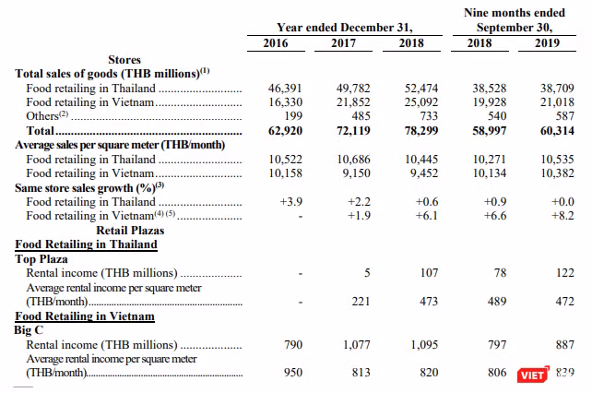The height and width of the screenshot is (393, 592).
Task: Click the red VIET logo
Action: tap(533, 375)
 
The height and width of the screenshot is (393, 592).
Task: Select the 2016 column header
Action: tap(276, 43)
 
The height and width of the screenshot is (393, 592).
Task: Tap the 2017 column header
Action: tap(344, 43)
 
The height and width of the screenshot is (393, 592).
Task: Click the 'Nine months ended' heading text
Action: tap(515, 13)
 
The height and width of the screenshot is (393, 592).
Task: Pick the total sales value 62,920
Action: tap(286, 131)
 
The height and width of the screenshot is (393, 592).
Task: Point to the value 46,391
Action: tap(286, 89)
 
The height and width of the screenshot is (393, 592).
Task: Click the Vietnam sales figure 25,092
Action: tap(421, 102)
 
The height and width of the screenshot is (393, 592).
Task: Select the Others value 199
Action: tap(294, 116)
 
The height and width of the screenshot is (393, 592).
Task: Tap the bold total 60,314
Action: tap(557, 131)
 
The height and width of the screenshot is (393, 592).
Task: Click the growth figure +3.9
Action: tap(291, 202)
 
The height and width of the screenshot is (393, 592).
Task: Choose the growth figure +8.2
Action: tap(562, 216)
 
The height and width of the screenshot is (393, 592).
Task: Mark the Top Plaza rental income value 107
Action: tap(430, 273)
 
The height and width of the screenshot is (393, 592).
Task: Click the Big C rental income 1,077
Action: tap(357, 345)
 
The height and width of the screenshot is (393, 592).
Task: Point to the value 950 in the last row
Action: tap(293, 373)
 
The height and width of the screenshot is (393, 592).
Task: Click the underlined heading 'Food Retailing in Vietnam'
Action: tap(85, 316)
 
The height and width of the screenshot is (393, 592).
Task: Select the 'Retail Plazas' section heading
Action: tap(130, 231)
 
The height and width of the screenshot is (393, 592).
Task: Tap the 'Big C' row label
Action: tap(29, 330)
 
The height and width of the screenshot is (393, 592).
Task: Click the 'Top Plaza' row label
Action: tap(41, 259)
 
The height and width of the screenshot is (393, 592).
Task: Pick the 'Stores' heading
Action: tap(124, 60)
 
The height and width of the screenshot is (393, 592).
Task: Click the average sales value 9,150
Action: tap(357, 173)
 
